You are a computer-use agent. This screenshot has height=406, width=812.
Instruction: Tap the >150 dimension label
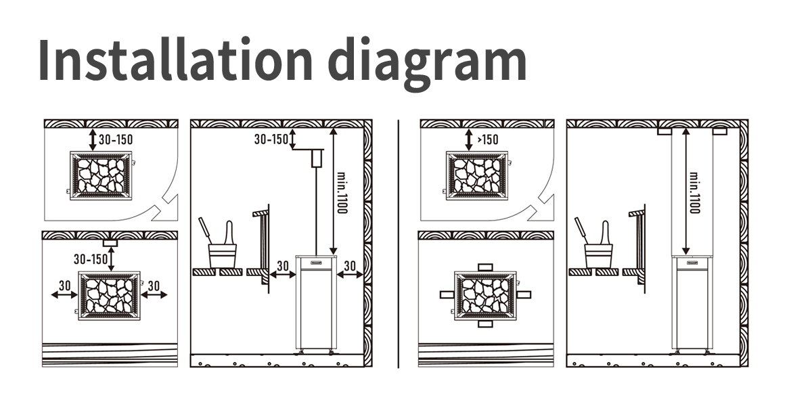pos(488,139)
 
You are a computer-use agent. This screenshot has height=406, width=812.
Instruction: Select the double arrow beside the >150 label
pos(469,139)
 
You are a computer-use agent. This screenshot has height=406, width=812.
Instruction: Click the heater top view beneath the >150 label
pos(476,176)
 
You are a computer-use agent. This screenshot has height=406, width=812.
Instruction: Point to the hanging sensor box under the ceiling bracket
pos(317,158)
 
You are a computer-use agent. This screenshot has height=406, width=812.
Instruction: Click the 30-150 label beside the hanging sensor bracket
pos(271,139)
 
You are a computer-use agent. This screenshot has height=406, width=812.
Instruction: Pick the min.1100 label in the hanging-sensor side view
pos(342,192)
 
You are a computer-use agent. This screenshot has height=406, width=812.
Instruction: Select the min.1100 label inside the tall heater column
pos(694,192)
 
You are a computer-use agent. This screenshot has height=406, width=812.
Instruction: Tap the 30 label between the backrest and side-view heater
pos(283,266)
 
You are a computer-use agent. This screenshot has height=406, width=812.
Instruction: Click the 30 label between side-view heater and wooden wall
pos(350,266)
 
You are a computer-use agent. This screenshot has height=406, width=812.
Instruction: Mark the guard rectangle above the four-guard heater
pos(485,267)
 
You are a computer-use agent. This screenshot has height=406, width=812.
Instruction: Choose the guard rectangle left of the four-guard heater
pos(447,295)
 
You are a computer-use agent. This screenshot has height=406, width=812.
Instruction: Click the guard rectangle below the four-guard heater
pos(485,323)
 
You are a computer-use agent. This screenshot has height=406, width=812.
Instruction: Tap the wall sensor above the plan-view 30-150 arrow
pos(110,243)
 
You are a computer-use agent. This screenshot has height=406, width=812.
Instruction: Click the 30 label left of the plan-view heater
pos(64,286)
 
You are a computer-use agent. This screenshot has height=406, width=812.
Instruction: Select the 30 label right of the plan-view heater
pos(154,286)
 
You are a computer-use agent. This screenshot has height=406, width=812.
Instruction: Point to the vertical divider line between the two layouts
pos(399,244)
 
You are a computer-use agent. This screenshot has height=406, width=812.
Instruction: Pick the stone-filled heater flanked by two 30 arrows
pos(109,296)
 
